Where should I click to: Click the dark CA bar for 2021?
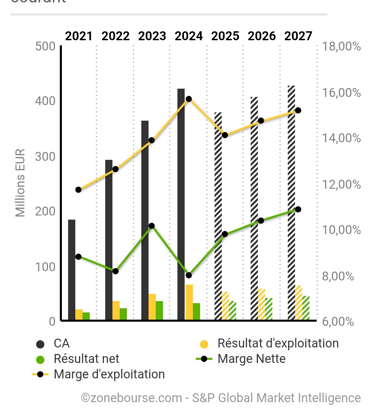click(72, 270)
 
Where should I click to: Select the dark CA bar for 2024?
click(181, 205)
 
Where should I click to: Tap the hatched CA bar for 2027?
click(291, 203)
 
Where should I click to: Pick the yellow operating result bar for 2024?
click(189, 302)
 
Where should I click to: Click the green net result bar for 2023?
click(159, 311)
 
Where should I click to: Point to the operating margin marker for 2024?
click(188, 99)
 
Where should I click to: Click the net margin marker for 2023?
click(152, 226)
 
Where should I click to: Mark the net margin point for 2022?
click(116, 271)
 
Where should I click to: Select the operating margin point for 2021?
click(78, 190)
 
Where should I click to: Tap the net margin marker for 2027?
click(298, 209)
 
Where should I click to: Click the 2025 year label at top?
click(225, 36)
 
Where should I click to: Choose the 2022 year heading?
click(116, 36)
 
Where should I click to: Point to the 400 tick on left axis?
click(45, 101)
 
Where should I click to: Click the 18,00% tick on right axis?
click(341, 46)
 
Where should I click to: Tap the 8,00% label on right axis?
click(338, 276)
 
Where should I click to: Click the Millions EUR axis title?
click(21, 183)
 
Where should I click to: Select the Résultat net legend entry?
click(86, 359)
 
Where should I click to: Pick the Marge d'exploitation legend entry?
click(109, 374)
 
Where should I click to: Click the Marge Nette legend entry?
click(251, 359)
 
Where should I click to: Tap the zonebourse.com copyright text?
click(221, 398)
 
